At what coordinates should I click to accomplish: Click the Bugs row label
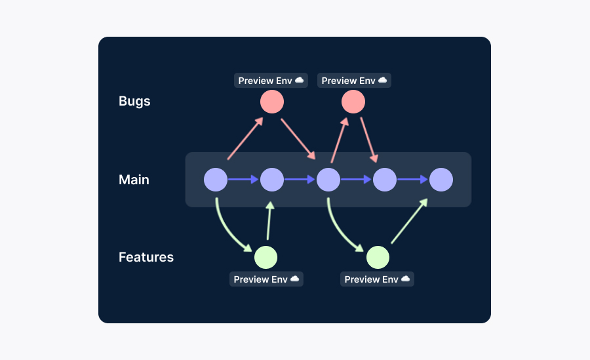pyautogui.click(x=134, y=102)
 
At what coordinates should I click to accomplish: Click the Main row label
pyautogui.click(x=134, y=180)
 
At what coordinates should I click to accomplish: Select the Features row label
pyautogui.click(x=146, y=257)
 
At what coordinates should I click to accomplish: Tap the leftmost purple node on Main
pyautogui.click(x=216, y=180)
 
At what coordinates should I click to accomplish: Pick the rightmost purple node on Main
pyautogui.click(x=441, y=180)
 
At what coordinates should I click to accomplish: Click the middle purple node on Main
pyautogui.click(x=328, y=180)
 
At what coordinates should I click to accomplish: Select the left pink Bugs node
pyautogui.click(x=272, y=102)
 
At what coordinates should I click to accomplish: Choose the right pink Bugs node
pyautogui.click(x=353, y=102)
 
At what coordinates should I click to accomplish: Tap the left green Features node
pyautogui.click(x=265, y=258)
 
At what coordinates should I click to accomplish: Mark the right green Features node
pyautogui.click(x=378, y=258)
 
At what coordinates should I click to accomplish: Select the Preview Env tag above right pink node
pyautogui.click(x=354, y=81)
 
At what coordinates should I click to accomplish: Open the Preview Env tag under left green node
pyautogui.click(x=266, y=279)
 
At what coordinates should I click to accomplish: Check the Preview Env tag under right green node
pyautogui.click(x=377, y=279)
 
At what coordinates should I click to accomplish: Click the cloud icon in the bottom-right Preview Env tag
pyautogui.click(x=406, y=279)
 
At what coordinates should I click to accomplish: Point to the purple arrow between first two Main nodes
pyautogui.click(x=243, y=180)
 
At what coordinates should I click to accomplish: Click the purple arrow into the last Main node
pyautogui.click(x=412, y=180)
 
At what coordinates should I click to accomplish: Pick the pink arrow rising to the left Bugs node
pyautogui.click(x=245, y=138)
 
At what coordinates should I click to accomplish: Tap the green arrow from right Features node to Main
pyautogui.click(x=410, y=221)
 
